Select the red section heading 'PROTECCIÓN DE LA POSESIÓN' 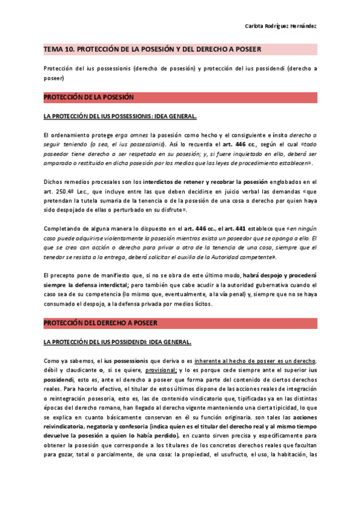(88, 97)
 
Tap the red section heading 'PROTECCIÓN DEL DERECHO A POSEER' (100, 324)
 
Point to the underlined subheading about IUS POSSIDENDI (109, 342)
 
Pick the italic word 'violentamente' (121, 237)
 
